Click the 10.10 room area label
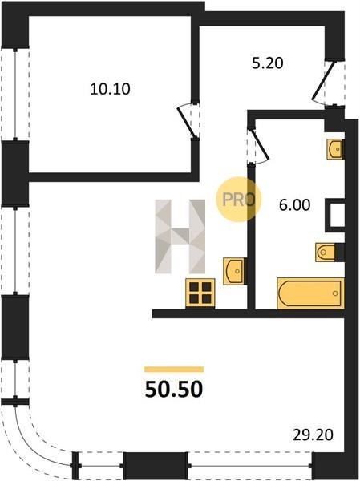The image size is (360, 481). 110,89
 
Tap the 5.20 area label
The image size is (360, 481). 267,63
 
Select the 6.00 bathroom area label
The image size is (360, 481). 294,205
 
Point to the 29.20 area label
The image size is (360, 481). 313,435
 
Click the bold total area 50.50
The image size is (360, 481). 174,389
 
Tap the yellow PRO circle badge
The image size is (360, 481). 238,199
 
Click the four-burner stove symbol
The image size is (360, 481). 200,293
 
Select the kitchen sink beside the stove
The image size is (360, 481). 234,271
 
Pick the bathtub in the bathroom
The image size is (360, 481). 310,293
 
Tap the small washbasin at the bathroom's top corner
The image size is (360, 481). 334,149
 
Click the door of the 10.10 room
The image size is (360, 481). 187,121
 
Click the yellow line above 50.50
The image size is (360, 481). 174,369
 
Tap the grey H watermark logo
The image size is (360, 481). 180,236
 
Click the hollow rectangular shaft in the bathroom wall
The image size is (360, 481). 335,216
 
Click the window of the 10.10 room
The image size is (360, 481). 15,94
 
